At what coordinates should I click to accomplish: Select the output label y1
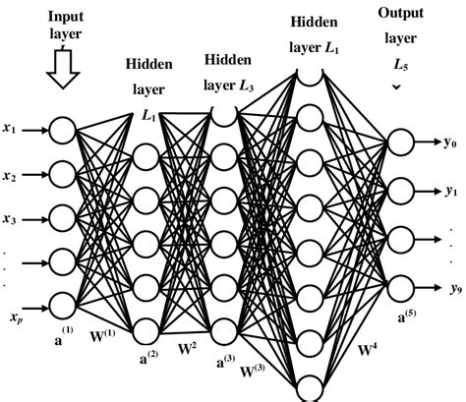[451, 190]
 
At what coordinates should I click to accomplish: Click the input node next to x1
[63, 129]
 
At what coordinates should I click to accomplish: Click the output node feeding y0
[401, 143]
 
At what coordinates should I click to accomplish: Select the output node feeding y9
[401, 286]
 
